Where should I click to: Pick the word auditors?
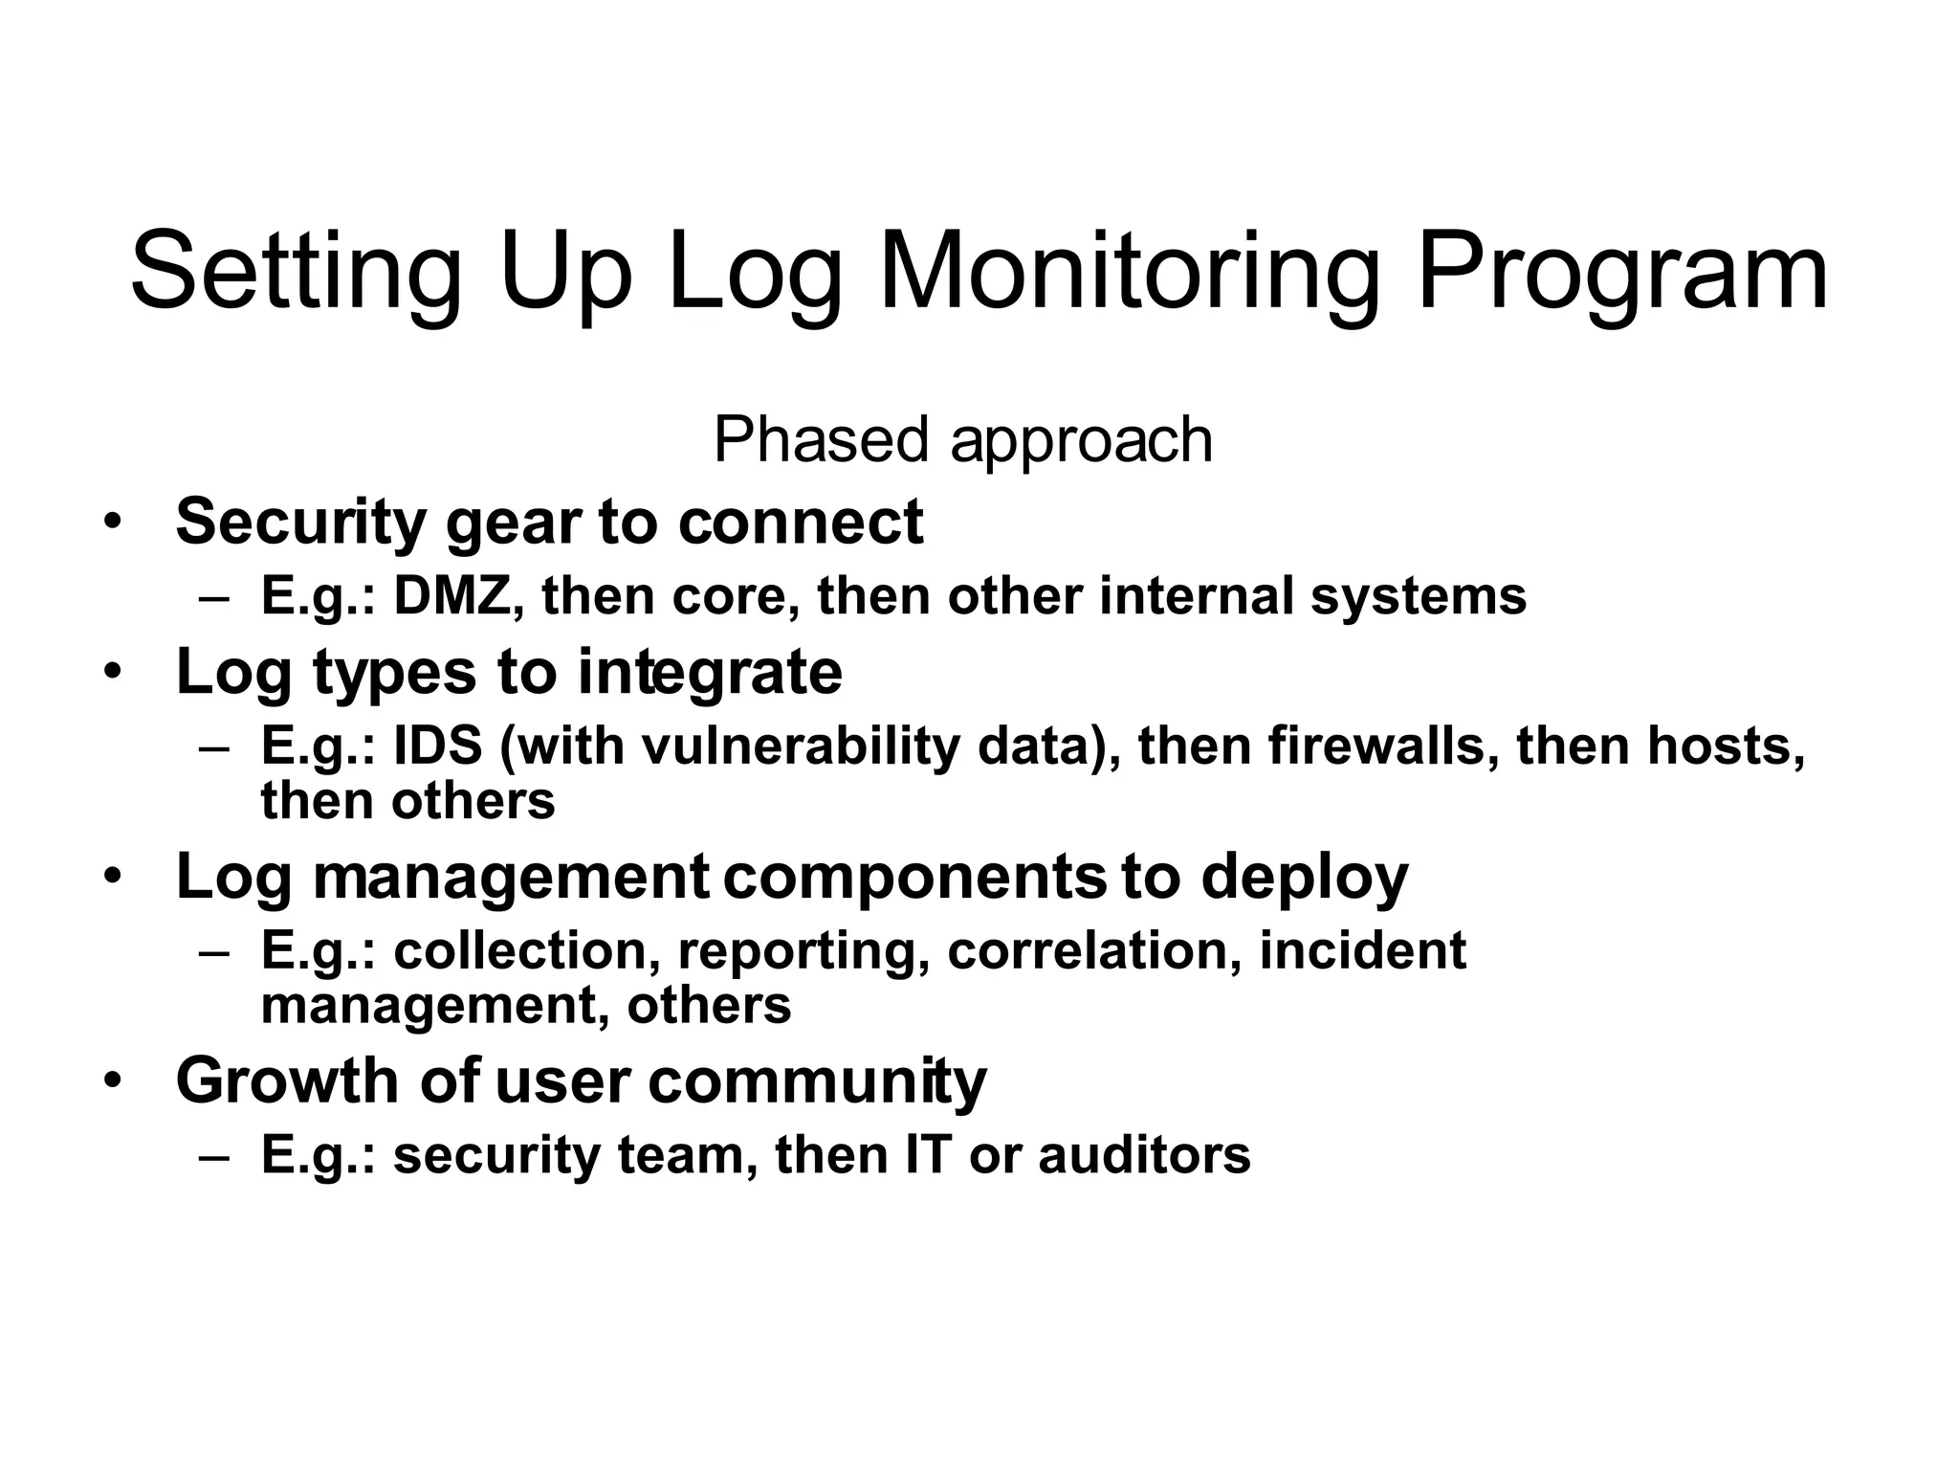coord(1144,1155)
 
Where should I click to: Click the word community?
coord(817,1081)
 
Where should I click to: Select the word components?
coord(914,877)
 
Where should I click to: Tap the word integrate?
coord(710,672)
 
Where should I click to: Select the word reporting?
coord(803,952)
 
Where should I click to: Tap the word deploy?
coord(1304,877)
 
